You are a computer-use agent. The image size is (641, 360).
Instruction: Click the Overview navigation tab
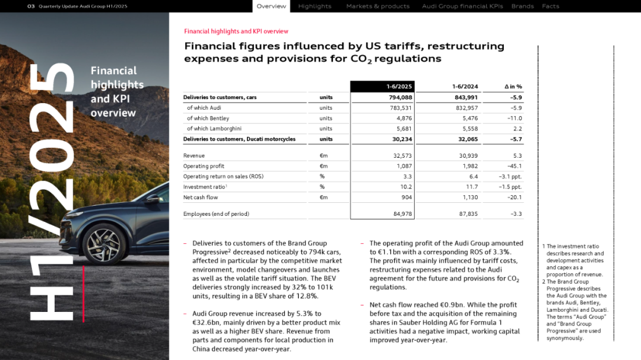tap(271, 7)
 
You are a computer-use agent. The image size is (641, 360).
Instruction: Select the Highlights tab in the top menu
tap(315, 7)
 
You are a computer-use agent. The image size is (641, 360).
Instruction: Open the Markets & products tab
tap(377, 7)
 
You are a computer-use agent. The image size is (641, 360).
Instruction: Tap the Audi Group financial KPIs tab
tap(462, 7)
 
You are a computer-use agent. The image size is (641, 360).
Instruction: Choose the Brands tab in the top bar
tap(522, 7)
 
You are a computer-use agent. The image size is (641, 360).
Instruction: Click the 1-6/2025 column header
tap(399, 87)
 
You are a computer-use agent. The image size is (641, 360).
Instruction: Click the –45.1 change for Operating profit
tap(514, 166)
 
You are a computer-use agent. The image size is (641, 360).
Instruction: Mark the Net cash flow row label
tap(201, 197)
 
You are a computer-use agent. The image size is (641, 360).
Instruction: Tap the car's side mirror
tap(154, 199)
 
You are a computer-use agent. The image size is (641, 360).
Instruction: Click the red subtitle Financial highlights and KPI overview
tap(236, 31)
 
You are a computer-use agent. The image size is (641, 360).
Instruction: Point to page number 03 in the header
tap(31, 7)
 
